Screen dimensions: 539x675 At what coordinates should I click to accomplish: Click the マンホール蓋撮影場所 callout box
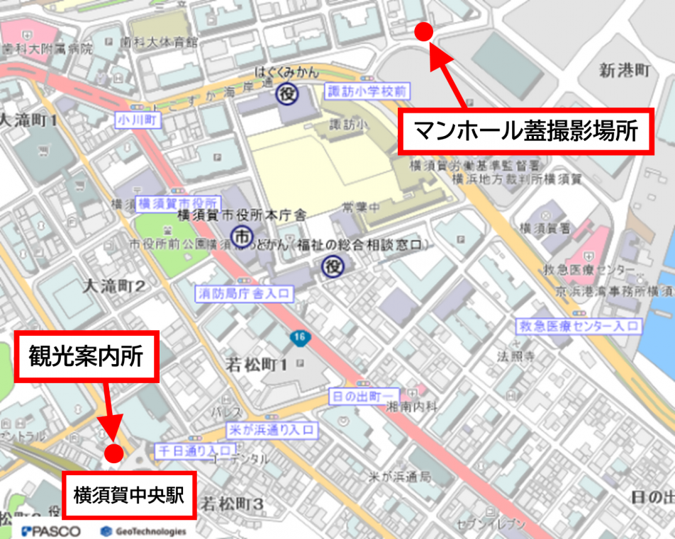tap(525, 131)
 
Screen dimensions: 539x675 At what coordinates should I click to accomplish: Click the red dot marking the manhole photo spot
tap(423, 30)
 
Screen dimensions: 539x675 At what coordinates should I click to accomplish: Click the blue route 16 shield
tap(300, 339)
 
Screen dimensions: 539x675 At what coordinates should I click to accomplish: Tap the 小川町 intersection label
tap(138, 119)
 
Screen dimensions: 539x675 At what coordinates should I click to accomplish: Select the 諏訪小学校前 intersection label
tap(368, 91)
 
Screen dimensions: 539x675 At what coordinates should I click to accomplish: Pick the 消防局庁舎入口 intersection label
tap(245, 292)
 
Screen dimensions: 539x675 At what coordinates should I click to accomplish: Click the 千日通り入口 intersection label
tap(194, 450)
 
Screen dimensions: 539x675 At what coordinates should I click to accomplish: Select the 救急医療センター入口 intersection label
tap(578, 326)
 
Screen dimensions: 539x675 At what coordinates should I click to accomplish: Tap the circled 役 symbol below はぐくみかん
tap(287, 93)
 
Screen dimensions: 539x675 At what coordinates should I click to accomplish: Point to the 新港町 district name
tap(624, 70)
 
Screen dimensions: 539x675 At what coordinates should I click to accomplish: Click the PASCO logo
tap(51, 531)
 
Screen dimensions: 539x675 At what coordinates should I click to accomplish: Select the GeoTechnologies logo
tap(143, 531)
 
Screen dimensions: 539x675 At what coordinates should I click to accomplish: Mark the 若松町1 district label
tap(255, 365)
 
